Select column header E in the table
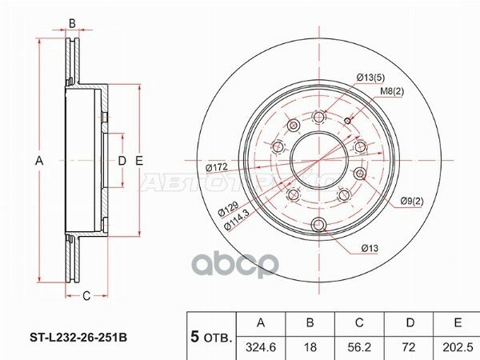pyautogui.click(x=457, y=323)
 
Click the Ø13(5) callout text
pyautogui.click(x=370, y=77)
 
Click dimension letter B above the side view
pyautogui.click(x=72, y=23)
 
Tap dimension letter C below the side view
pyautogui.click(x=85, y=296)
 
